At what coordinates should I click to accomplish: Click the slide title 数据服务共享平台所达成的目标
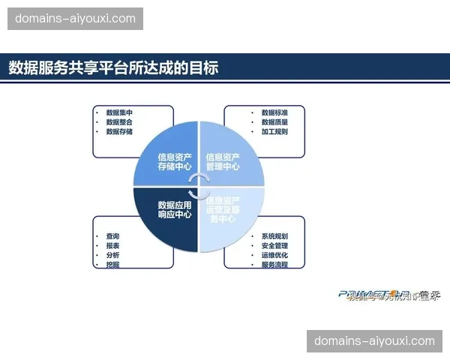coord(113,67)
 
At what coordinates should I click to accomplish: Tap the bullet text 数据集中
coord(119,112)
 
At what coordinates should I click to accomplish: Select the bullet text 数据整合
coord(119,121)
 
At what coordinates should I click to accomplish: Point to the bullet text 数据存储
coord(119,131)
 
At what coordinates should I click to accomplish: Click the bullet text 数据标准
coord(274,112)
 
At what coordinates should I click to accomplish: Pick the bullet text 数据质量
coord(274,121)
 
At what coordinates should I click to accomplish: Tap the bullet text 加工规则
coord(274,131)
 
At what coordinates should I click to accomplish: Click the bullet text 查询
coord(112,236)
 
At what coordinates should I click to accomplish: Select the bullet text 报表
coord(112,245)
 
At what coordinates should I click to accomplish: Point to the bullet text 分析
coord(112,255)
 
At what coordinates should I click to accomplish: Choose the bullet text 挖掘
coord(112,265)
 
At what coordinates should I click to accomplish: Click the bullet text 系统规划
coord(274,236)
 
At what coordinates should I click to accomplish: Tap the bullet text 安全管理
coord(274,245)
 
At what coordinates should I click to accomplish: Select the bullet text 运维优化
coord(274,255)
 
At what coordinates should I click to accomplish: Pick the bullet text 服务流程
coord(274,265)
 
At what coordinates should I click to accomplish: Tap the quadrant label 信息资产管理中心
coord(223,162)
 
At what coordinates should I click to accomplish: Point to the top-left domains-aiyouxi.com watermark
coord(75,18)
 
